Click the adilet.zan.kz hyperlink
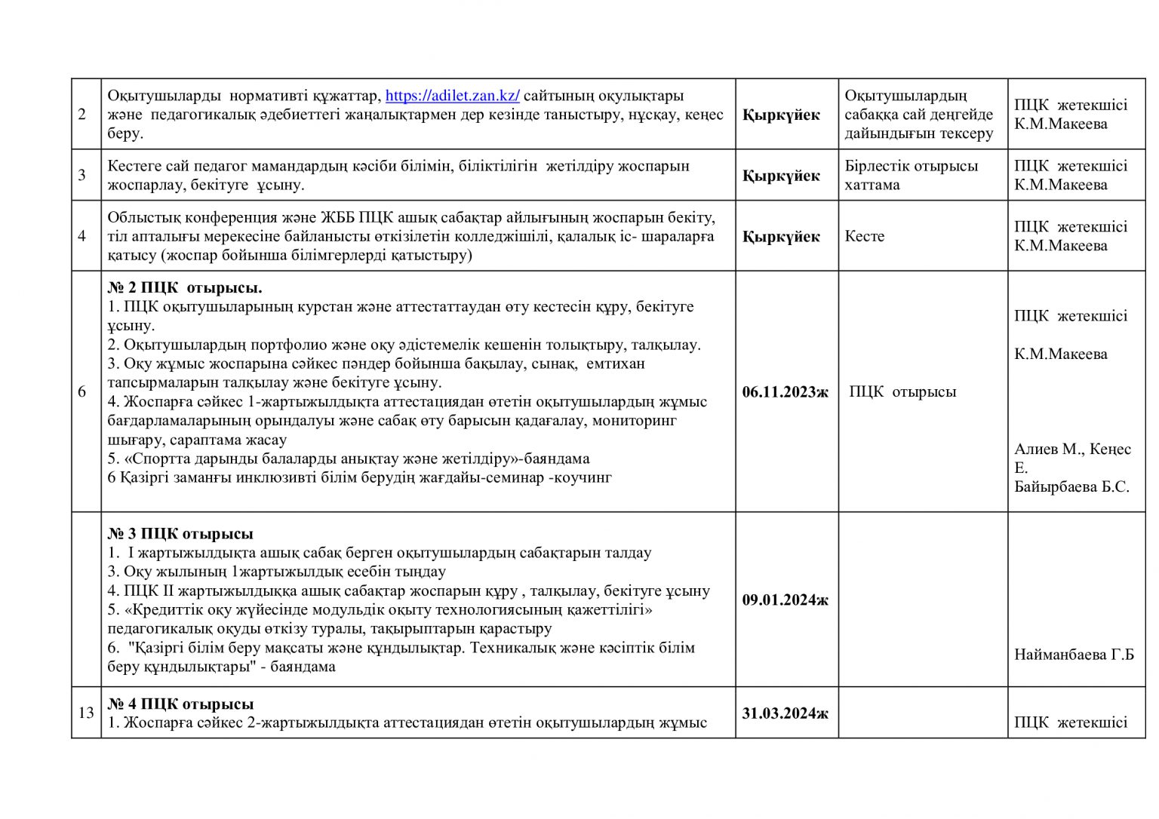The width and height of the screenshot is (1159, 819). pyautogui.click(x=452, y=96)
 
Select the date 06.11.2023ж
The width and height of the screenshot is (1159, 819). pyautogui.click(x=785, y=391)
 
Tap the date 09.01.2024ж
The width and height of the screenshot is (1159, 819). pyautogui.click(x=785, y=600)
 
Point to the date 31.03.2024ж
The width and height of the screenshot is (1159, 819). pyautogui.click(x=785, y=713)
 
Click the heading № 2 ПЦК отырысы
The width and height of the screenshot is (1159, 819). pyautogui.click(x=185, y=288)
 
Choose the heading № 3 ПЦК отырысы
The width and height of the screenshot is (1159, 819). pyautogui.click(x=180, y=534)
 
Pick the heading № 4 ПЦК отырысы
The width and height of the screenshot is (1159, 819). pyautogui.click(x=180, y=704)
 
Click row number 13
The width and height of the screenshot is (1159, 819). pyautogui.click(x=86, y=713)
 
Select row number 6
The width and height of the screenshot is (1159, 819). pyautogui.click(x=82, y=391)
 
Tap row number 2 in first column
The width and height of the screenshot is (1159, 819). pyautogui.click(x=82, y=115)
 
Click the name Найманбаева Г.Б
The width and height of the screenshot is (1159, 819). pyautogui.click(x=1074, y=655)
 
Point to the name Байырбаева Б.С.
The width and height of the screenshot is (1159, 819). pyautogui.click(x=1071, y=486)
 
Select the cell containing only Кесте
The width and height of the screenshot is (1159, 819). pyautogui.click(x=865, y=236)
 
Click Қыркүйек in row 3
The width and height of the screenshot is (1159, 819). pyautogui.click(x=781, y=176)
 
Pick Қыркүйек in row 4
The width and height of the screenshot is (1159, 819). pyautogui.click(x=781, y=237)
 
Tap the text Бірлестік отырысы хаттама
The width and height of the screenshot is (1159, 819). pyautogui.click(x=911, y=175)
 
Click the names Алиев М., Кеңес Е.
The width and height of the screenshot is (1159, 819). pyautogui.click(x=1071, y=457)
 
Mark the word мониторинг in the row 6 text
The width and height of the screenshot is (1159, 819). pyautogui.click(x=635, y=420)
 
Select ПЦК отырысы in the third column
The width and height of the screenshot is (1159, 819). pyautogui.click(x=902, y=391)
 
